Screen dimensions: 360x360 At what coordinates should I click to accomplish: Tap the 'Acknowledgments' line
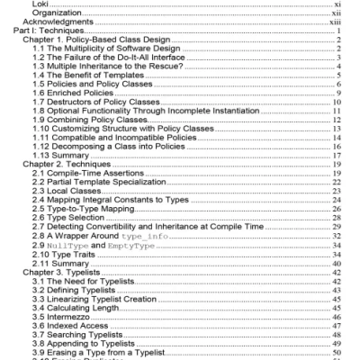[x=59, y=22]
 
